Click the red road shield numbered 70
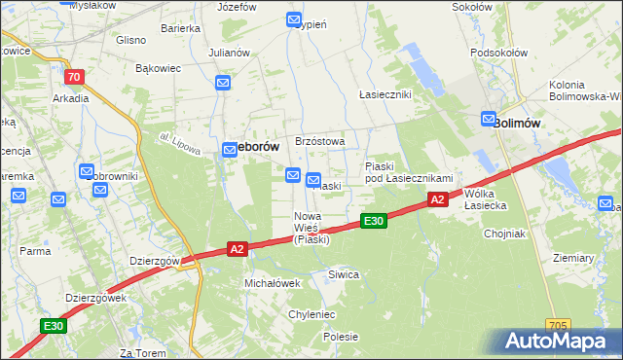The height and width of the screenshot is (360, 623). (73, 77)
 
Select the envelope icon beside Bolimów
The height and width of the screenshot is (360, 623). (489, 119)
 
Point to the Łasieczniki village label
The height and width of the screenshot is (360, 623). (385, 94)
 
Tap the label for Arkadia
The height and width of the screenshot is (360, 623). (71, 98)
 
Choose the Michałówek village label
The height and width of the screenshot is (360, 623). (272, 282)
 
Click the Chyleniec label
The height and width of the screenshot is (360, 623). (311, 314)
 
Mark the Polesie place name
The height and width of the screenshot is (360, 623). (341, 337)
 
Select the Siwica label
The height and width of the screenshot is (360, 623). (344, 274)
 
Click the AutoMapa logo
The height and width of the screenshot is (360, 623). (558, 342)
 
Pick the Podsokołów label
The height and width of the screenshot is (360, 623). (497, 54)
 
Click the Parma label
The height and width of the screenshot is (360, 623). (35, 251)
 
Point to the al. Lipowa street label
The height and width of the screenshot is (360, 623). (179, 145)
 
